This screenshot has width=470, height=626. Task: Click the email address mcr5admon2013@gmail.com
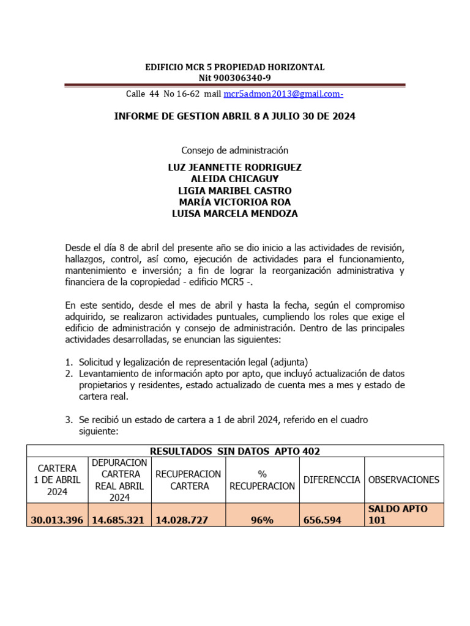click(283, 94)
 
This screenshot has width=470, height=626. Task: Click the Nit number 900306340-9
click(234, 78)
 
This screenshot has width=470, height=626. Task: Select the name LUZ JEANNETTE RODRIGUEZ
click(234, 167)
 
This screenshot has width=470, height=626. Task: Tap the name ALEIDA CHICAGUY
click(234, 179)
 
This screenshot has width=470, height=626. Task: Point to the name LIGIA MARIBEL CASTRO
click(234, 190)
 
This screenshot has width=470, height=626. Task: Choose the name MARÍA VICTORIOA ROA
click(234, 202)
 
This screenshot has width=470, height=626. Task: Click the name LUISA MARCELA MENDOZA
click(234, 213)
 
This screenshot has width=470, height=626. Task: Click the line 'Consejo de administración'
click(234, 150)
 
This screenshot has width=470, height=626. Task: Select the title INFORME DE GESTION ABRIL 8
click(234, 116)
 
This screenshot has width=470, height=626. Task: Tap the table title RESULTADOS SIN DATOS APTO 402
click(234, 451)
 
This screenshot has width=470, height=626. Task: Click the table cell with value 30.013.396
click(58, 520)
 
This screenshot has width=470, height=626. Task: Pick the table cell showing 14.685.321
click(120, 520)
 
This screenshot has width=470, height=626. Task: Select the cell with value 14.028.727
click(182, 520)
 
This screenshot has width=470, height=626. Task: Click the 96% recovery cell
click(262, 520)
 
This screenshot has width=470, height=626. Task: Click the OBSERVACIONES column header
click(404, 480)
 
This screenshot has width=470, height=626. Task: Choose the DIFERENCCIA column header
click(332, 480)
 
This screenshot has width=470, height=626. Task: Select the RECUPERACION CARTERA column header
click(188, 480)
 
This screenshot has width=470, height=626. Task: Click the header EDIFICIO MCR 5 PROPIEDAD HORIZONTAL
click(234, 67)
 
